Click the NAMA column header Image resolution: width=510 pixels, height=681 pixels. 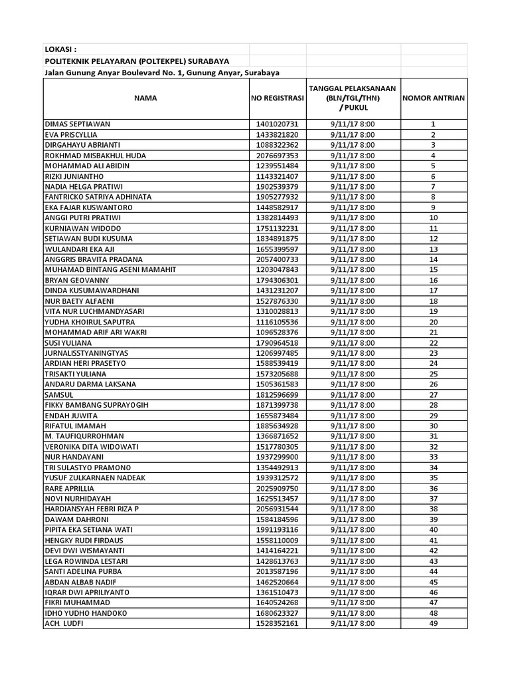(145, 98)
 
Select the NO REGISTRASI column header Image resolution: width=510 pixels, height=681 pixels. (277, 98)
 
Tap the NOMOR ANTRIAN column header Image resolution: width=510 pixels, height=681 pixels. (433, 98)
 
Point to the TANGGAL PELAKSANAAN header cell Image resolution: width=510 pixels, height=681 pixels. (352, 98)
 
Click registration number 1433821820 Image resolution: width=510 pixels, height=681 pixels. (277, 134)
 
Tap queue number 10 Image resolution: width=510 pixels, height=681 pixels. (433, 217)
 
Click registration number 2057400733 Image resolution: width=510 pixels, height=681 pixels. (277, 259)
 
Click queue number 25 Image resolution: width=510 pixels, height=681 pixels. (433, 374)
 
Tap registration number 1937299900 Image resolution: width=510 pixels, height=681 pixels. (277, 457)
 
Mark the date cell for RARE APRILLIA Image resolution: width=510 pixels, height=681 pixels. (352, 488)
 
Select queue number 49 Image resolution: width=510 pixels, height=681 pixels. (433, 623)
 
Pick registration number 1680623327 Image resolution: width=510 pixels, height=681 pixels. (277, 613)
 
